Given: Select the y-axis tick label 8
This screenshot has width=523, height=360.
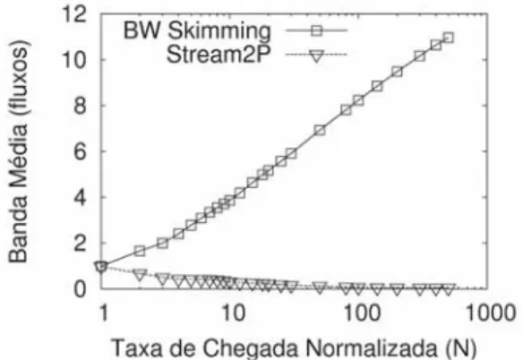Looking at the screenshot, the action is [79, 106].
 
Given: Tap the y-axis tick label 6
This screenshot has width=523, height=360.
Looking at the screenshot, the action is [79, 152].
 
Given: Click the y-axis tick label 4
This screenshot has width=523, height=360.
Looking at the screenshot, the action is [79, 198].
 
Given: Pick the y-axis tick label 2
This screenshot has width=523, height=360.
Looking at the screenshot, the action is [79, 244].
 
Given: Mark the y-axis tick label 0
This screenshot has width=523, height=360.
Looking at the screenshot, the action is [79, 289].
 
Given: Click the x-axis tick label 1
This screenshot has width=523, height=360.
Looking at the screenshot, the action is [104, 313].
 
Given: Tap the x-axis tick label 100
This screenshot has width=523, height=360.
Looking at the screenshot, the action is [362, 313].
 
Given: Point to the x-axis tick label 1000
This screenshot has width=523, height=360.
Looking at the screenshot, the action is [491, 313].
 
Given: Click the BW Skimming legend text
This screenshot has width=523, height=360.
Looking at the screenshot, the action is [197, 31].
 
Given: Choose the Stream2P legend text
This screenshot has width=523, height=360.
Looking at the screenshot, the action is [219, 54].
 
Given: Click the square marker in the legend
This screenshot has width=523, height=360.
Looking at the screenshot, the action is [316, 30].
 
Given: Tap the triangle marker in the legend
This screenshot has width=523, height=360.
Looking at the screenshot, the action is [316, 56].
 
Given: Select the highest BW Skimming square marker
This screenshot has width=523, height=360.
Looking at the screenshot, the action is [449, 38].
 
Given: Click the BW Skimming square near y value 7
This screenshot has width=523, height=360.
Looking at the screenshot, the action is [320, 130].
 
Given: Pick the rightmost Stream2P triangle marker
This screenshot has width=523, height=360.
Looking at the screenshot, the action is [449, 289].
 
